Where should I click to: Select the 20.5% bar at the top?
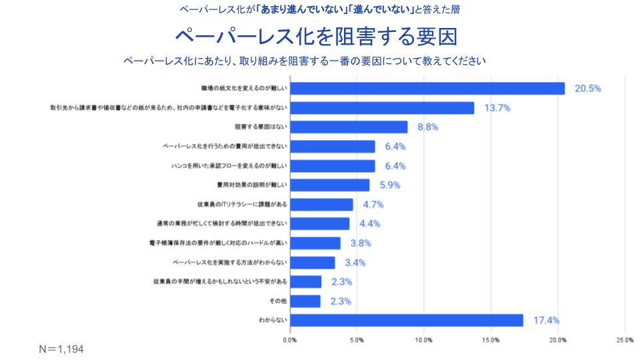(x=427, y=88)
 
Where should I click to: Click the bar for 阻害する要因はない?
(x=349, y=127)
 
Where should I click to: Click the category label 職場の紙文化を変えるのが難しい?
(x=244, y=89)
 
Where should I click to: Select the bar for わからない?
(x=407, y=321)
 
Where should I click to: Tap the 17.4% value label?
(x=546, y=321)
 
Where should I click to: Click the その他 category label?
(x=278, y=301)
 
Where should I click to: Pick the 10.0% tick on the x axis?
(x=424, y=341)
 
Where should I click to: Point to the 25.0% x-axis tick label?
(x=625, y=341)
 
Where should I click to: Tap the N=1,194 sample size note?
(x=61, y=349)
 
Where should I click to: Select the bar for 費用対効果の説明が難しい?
(x=330, y=185)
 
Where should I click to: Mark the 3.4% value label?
(x=355, y=263)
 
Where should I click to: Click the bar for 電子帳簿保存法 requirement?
(x=315, y=243)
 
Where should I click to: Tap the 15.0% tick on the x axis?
(x=491, y=341)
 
